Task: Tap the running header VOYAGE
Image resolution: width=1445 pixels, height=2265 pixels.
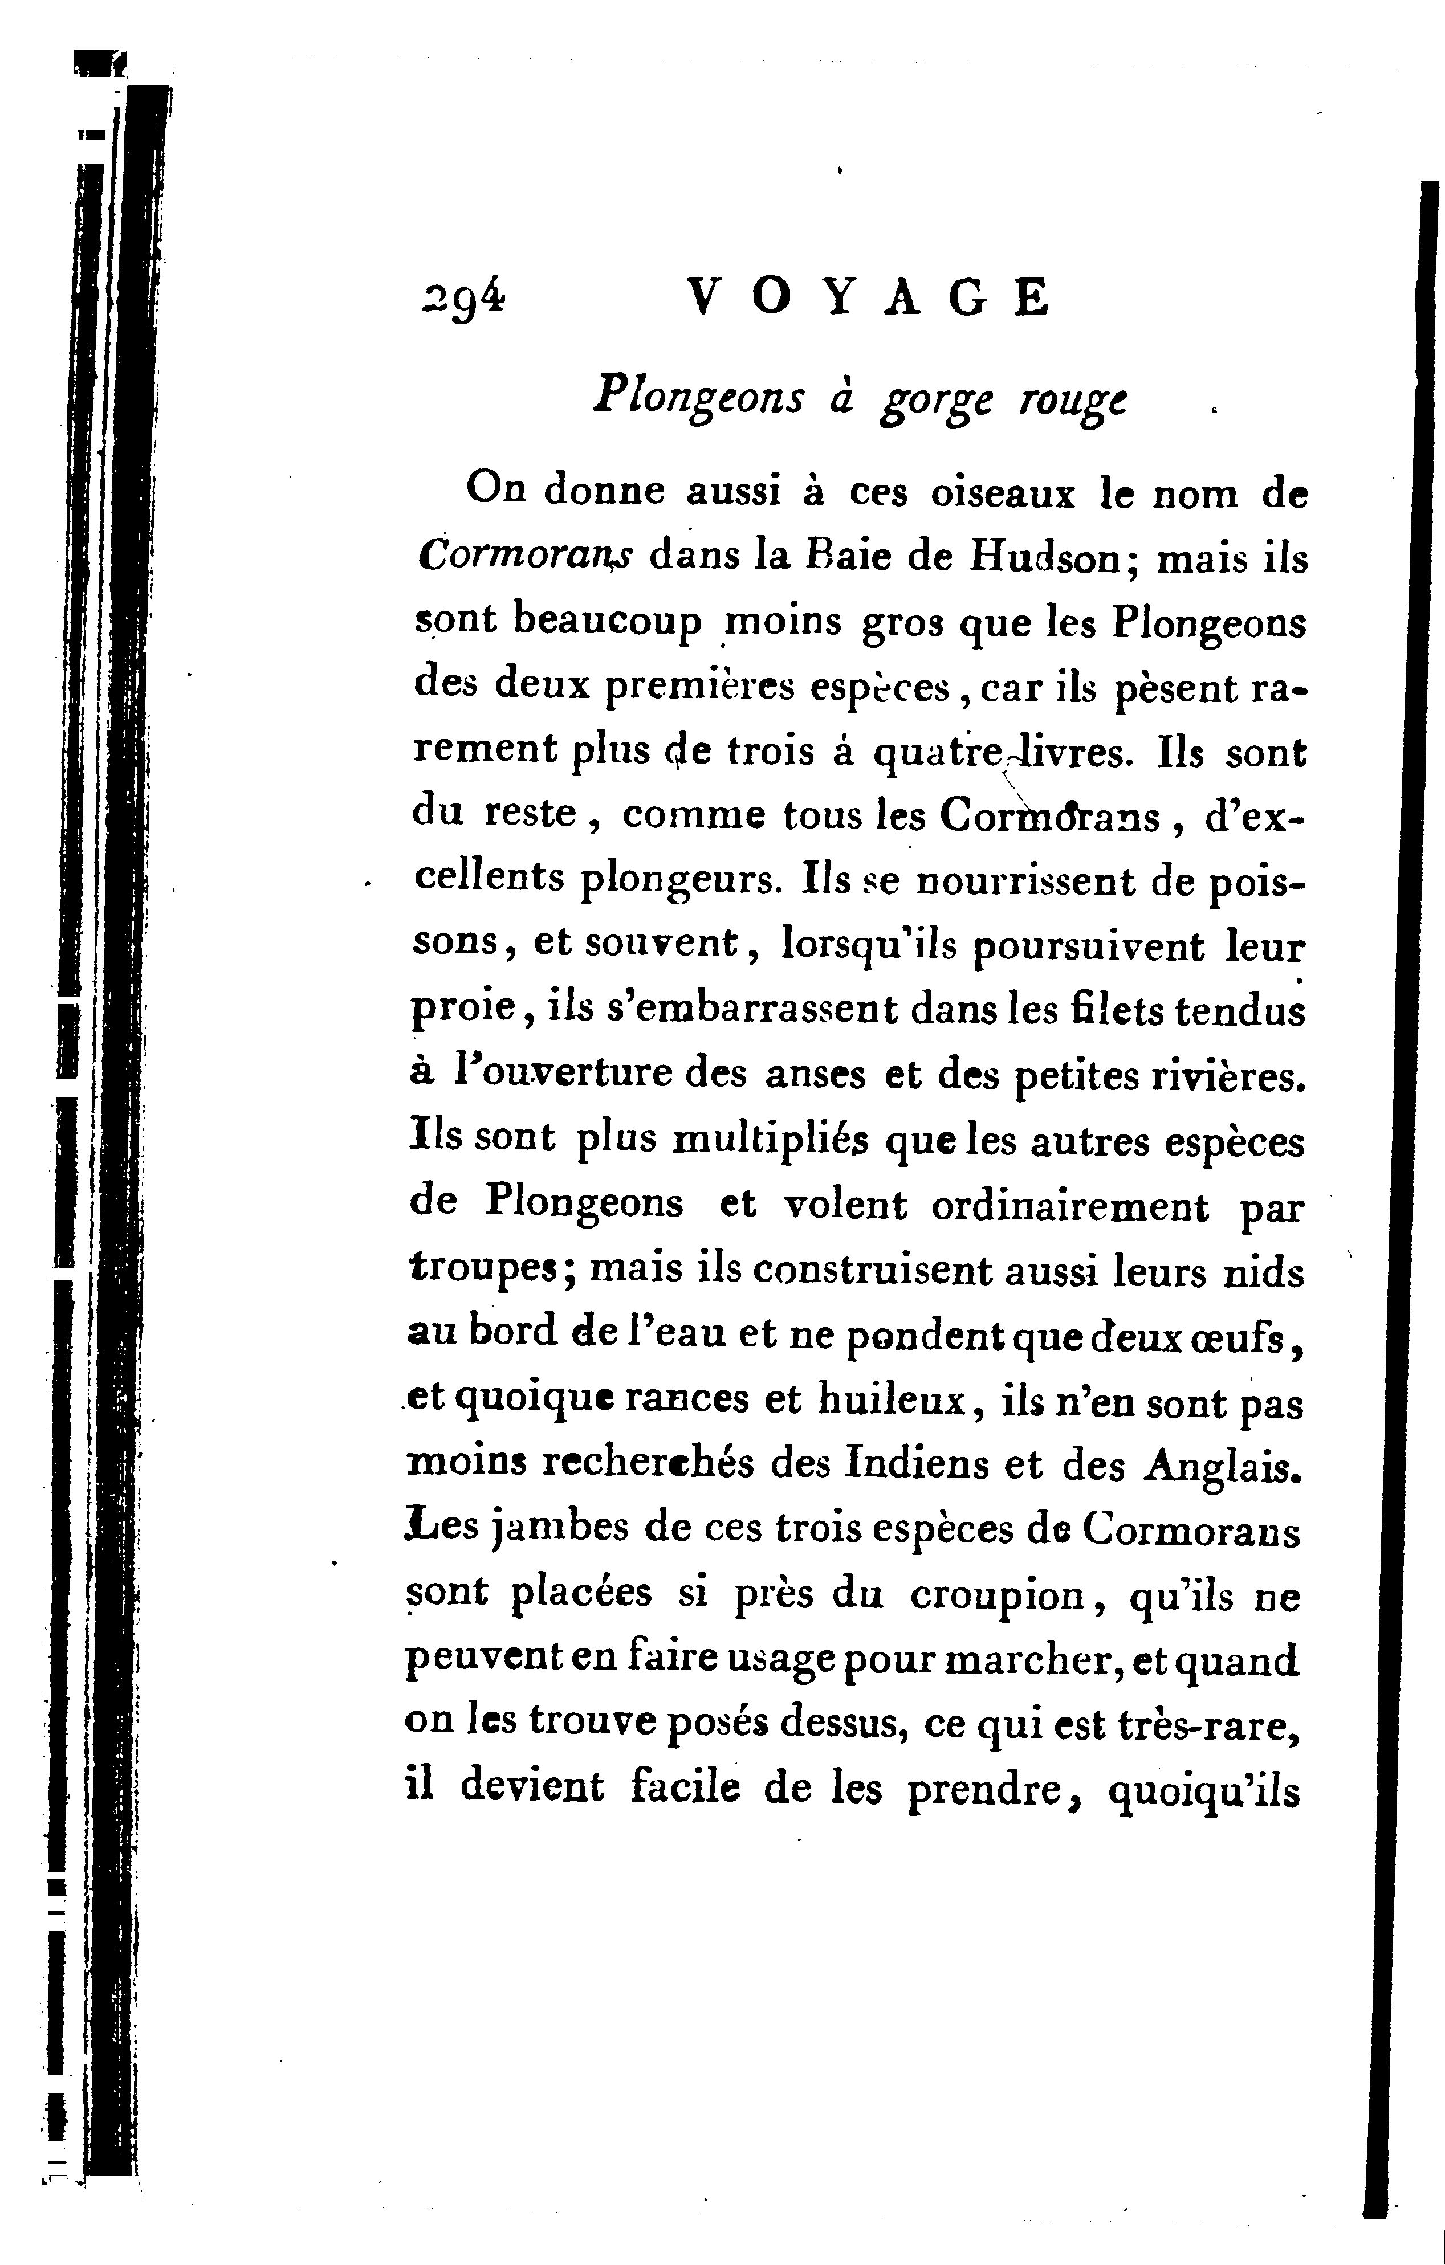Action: (868, 299)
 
